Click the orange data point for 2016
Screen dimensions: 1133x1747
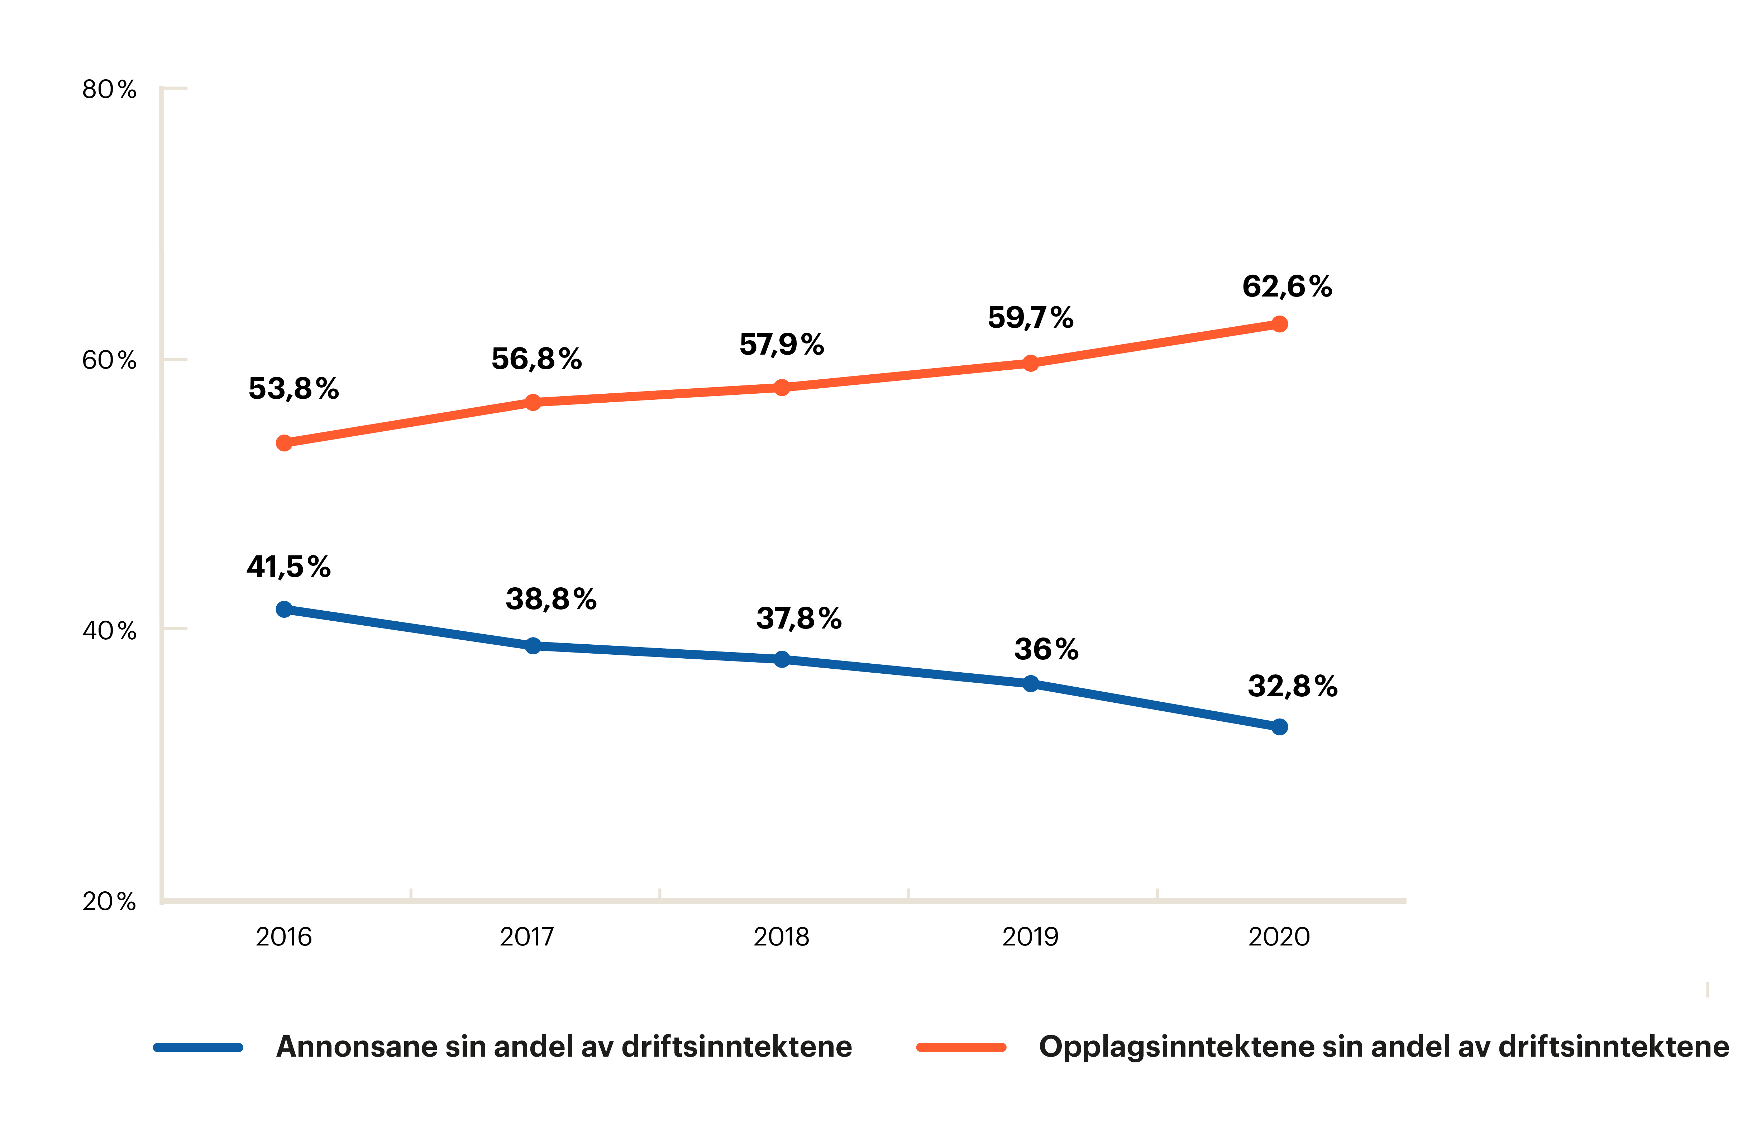(284, 443)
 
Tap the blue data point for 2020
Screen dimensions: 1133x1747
(1279, 727)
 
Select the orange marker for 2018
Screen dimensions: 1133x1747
(782, 387)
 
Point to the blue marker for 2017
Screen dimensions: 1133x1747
(533, 645)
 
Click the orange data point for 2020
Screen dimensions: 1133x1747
(1279, 324)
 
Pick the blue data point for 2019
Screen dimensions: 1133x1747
(1031, 684)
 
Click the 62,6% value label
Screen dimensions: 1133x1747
(1287, 286)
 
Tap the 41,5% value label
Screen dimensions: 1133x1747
(288, 567)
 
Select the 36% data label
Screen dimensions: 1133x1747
(1046, 649)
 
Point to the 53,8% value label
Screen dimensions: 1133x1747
(293, 388)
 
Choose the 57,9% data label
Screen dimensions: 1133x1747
(782, 344)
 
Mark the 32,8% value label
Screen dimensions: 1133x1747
(1293, 687)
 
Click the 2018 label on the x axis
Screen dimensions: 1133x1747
(781, 937)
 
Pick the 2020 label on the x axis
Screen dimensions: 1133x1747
(1279, 937)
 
